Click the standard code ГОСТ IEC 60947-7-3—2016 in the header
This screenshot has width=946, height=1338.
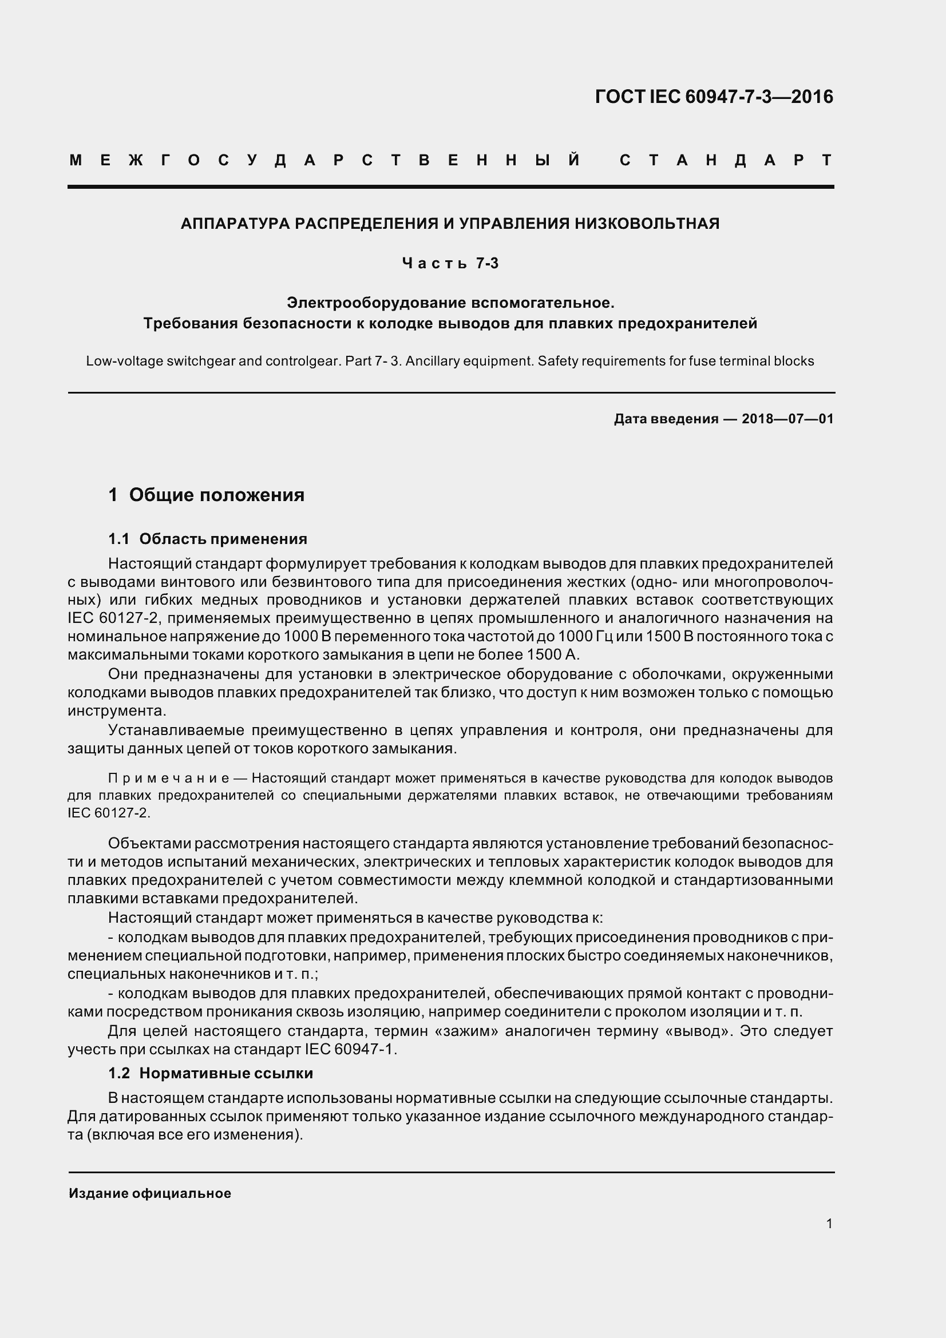[714, 97]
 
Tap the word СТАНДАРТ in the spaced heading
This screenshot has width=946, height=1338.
[726, 160]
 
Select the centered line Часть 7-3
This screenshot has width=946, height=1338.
[450, 263]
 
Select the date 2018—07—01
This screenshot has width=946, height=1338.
[787, 418]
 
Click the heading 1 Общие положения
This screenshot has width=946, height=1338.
[207, 495]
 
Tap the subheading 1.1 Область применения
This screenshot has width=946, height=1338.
[208, 539]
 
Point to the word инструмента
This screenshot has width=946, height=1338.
[117, 711]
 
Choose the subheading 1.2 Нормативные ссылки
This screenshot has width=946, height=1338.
[211, 1073]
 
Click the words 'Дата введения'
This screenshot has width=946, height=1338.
[666, 418]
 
